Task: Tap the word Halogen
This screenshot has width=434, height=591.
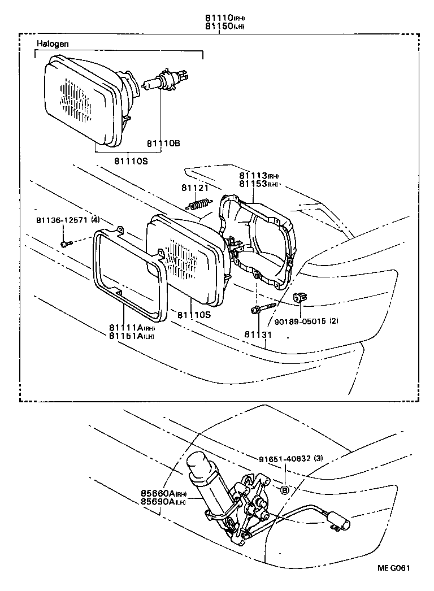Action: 53,44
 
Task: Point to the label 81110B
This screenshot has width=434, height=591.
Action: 163,144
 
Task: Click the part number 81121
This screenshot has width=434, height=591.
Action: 194,188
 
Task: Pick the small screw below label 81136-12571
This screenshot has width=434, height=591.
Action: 64,244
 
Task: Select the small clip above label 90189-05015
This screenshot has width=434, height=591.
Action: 300,297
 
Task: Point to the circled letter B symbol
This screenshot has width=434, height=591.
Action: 285,489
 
